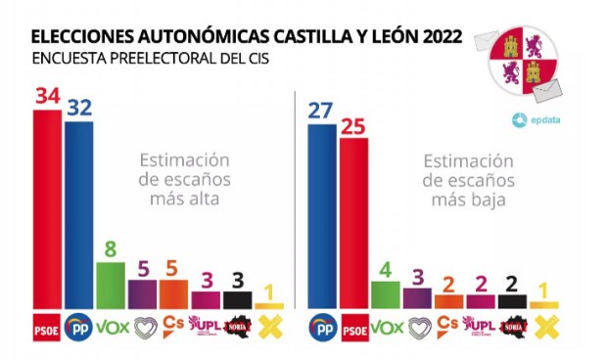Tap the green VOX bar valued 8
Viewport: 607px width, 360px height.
coord(110,285)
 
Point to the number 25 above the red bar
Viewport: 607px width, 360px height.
coord(353,125)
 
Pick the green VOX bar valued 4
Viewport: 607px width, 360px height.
coord(385,294)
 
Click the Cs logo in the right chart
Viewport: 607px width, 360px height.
coord(448,325)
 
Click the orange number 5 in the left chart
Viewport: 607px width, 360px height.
coord(172,267)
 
